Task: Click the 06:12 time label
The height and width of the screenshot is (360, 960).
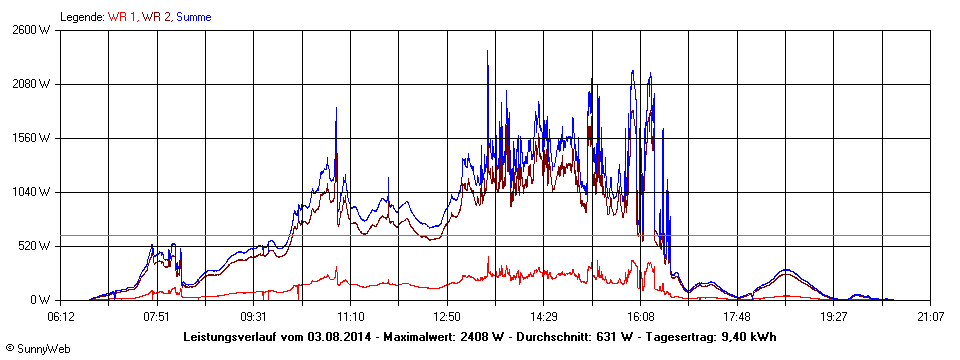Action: coord(60,317)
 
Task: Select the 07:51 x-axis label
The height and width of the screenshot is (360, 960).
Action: coord(156,317)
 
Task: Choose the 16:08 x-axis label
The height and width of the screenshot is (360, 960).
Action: coord(640,317)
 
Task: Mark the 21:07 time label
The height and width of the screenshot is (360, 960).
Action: coord(930,317)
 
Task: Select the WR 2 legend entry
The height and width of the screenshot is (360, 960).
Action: coord(156,17)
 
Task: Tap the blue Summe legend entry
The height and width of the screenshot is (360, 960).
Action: coord(193,17)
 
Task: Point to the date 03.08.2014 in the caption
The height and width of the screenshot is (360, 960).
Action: coord(339,336)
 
